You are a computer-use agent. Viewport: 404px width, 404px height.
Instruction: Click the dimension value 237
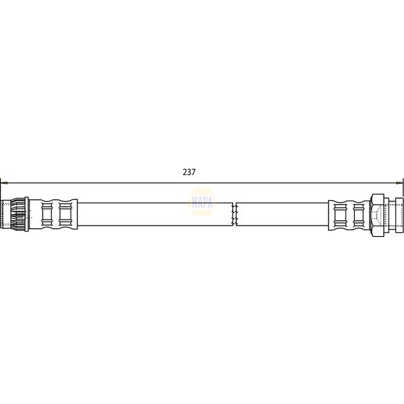point(189,172)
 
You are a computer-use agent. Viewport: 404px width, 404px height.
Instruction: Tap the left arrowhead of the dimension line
point(3,182)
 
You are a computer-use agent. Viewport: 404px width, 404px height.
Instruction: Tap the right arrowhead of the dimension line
point(400,182)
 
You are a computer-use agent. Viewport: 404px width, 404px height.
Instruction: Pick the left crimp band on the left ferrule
point(46,215)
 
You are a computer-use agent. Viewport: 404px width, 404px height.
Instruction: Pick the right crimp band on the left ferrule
point(65,215)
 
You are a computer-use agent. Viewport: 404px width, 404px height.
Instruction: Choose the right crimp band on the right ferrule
point(358,215)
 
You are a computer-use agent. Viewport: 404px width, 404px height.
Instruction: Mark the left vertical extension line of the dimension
point(1,192)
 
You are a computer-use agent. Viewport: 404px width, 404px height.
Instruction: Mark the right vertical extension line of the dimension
point(403,192)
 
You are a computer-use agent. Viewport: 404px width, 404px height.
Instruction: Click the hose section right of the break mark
point(283,215)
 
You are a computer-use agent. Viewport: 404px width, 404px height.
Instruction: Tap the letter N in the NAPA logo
point(189,201)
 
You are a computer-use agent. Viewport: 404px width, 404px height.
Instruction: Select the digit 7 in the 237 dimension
point(194,172)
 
